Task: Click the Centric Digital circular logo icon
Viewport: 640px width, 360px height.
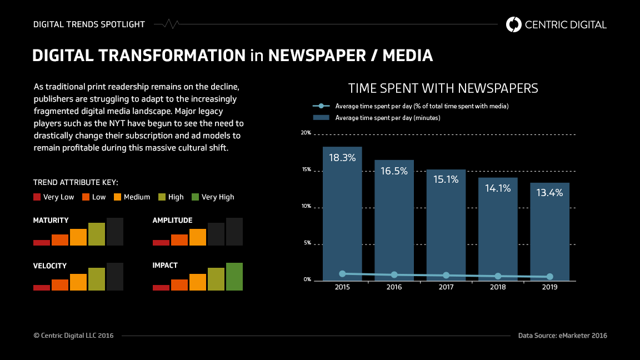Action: click(514, 24)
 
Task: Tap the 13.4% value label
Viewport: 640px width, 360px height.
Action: click(549, 193)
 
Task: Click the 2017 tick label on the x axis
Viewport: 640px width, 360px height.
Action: click(446, 288)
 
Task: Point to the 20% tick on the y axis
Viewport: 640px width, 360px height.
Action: click(306, 133)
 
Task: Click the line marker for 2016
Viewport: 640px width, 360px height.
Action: click(394, 275)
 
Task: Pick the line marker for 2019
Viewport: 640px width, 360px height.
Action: click(549, 277)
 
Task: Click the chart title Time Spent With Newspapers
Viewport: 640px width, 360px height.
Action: click(443, 88)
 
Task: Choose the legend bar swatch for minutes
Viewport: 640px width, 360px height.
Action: click(321, 118)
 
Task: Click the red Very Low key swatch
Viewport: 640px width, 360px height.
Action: click(37, 197)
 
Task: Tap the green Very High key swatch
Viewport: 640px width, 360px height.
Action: click(195, 197)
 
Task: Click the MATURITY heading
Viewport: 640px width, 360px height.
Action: click(51, 221)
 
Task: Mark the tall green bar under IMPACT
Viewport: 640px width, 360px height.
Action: click(234, 277)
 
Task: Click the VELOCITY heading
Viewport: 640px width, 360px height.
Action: click(50, 266)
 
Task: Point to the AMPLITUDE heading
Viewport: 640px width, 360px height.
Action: click(172, 221)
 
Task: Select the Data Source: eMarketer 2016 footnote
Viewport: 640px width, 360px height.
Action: click(562, 336)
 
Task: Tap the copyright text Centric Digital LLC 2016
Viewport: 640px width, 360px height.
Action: click(73, 336)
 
